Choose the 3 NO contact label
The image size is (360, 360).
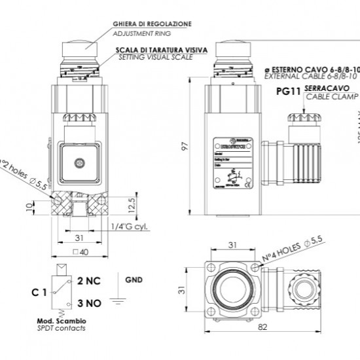[x=88, y=304]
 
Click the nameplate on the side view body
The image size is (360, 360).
[x=228, y=166]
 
